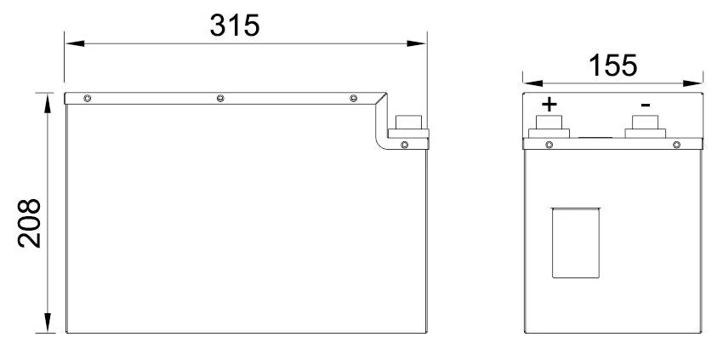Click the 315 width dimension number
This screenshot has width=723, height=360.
[235, 25]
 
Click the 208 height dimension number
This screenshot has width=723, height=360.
[30, 223]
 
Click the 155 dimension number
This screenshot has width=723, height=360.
[612, 66]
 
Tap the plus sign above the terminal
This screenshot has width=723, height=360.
[549, 105]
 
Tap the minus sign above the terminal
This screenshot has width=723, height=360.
[646, 106]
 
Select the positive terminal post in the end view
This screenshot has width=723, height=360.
[549, 126]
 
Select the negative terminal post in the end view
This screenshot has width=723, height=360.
[645, 126]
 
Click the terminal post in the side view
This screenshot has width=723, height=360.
[408, 126]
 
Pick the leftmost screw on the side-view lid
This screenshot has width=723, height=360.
[87, 99]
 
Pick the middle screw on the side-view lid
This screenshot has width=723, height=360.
[220, 99]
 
